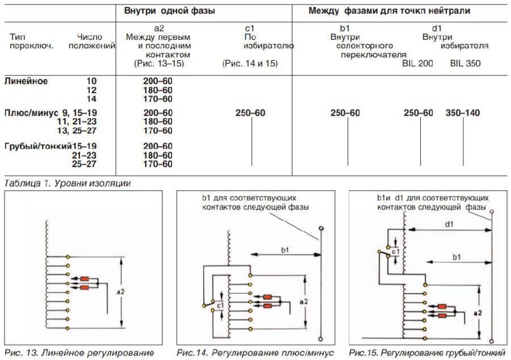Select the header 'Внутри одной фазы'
pyautogui.click(x=170, y=11)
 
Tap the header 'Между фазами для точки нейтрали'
pyautogui.click(x=389, y=11)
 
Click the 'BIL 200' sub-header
pyautogui.click(x=418, y=64)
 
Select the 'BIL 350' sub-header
pyautogui.click(x=465, y=64)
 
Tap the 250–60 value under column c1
pyautogui.click(x=250, y=114)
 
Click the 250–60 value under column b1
pyautogui.click(x=345, y=114)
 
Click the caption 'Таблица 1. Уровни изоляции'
pyautogui.click(x=68, y=183)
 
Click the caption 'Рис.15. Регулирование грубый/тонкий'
pyautogui.click(x=427, y=352)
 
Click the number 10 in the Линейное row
pyautogui.click(x=91, y=81)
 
